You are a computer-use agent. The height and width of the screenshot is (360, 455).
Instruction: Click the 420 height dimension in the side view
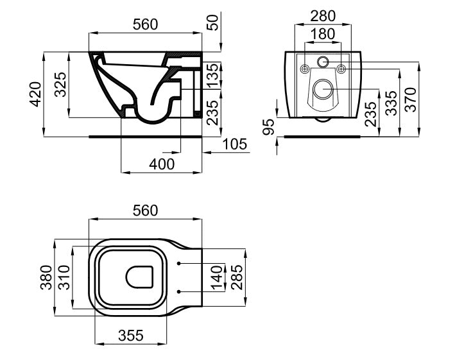tap(37, 94)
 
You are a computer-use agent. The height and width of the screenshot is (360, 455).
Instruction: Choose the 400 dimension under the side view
tap(161, 164)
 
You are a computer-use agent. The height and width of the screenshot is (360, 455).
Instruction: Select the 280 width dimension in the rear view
tap(323, 15)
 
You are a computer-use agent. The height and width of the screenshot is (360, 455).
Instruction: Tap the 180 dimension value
tap(323, 34)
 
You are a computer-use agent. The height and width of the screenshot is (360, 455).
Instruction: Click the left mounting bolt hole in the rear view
tap(305, 68)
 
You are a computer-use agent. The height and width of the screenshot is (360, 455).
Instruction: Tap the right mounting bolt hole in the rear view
tap(341, 68)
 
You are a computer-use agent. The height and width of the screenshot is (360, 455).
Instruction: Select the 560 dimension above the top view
tap(144, 210)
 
